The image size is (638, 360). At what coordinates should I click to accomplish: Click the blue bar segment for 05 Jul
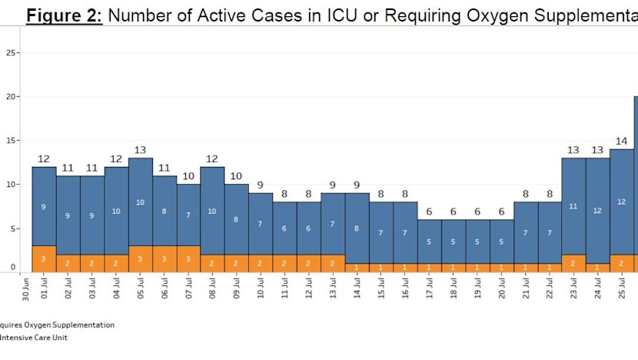tap(140, 202)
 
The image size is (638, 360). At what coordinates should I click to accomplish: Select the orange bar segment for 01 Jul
tap(44, 258)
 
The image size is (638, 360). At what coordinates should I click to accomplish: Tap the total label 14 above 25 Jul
tap(621, 142)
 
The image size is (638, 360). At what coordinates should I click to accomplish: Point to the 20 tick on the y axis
tap(12, 97)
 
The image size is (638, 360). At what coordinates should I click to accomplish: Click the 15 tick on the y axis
tap(12, 141)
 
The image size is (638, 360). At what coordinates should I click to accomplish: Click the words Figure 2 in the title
tap(65, 15)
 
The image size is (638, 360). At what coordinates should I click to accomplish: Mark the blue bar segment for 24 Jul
tap(597, 210)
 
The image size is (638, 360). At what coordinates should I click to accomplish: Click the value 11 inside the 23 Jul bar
tap(573, 206)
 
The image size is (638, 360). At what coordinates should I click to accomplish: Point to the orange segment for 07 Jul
tap(188, 258)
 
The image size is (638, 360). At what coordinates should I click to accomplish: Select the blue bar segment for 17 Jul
tap(429, 241)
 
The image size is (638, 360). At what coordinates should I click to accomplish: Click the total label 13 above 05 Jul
tap(140, 150)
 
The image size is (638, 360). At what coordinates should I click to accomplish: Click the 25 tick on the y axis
tap(12, 52)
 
